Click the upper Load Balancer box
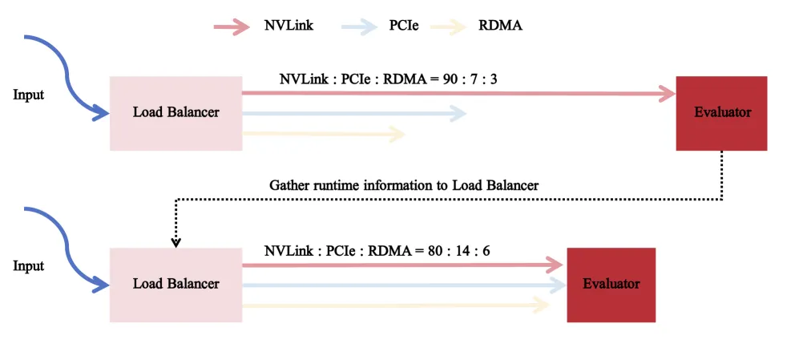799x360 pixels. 176,113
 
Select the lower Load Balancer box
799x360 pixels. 176,285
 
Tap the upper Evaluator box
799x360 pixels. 721,113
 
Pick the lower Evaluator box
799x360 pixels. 611,285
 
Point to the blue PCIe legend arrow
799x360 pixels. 359,26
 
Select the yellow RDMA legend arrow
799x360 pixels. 449,26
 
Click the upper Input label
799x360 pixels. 29,95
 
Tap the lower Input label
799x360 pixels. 29,267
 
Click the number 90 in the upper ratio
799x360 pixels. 451,79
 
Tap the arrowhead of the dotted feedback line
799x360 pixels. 176,243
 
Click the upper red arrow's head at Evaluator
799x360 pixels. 668,93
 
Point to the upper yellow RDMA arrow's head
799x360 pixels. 397,135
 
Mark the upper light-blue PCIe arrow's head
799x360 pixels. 458,114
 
